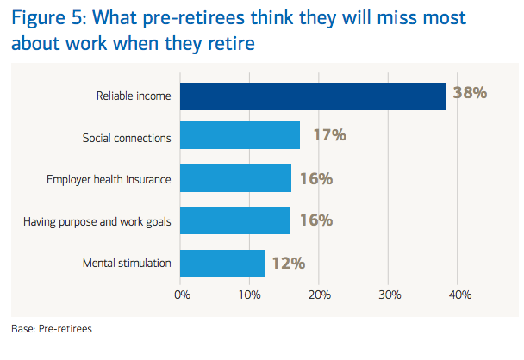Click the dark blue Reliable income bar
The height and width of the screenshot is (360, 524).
(313, 96)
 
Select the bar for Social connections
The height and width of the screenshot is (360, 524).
(240, 137)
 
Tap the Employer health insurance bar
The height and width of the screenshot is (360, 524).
(235, 178)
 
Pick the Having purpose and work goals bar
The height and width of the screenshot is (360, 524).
(235, 220)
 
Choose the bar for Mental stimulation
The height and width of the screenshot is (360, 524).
(222, 262)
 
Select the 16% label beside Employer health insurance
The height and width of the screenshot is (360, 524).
(315, 178)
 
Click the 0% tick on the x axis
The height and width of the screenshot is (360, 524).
(182, 295)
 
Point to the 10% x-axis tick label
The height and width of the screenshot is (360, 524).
(250, 295)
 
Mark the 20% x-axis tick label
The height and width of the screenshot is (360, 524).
(320, 295)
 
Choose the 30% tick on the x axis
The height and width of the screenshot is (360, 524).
(389, 295)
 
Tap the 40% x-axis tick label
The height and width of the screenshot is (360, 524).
(459, 295)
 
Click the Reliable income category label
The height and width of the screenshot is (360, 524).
(134, 96)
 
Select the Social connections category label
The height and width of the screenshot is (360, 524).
(127, 137)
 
